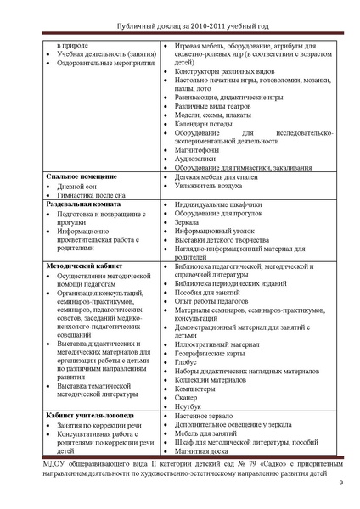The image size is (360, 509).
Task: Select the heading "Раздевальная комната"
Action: (x=83, y=205)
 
